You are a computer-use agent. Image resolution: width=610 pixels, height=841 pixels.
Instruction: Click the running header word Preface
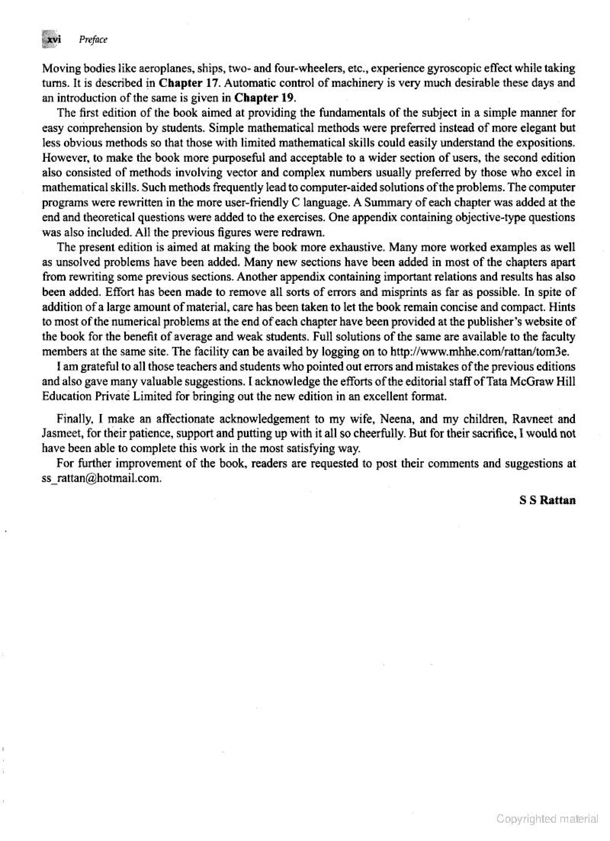click(93, 40)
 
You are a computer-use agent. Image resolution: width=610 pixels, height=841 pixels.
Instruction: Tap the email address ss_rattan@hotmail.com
click(102, 478)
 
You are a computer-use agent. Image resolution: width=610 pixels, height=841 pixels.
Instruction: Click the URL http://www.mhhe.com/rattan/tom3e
click(480, 351)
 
